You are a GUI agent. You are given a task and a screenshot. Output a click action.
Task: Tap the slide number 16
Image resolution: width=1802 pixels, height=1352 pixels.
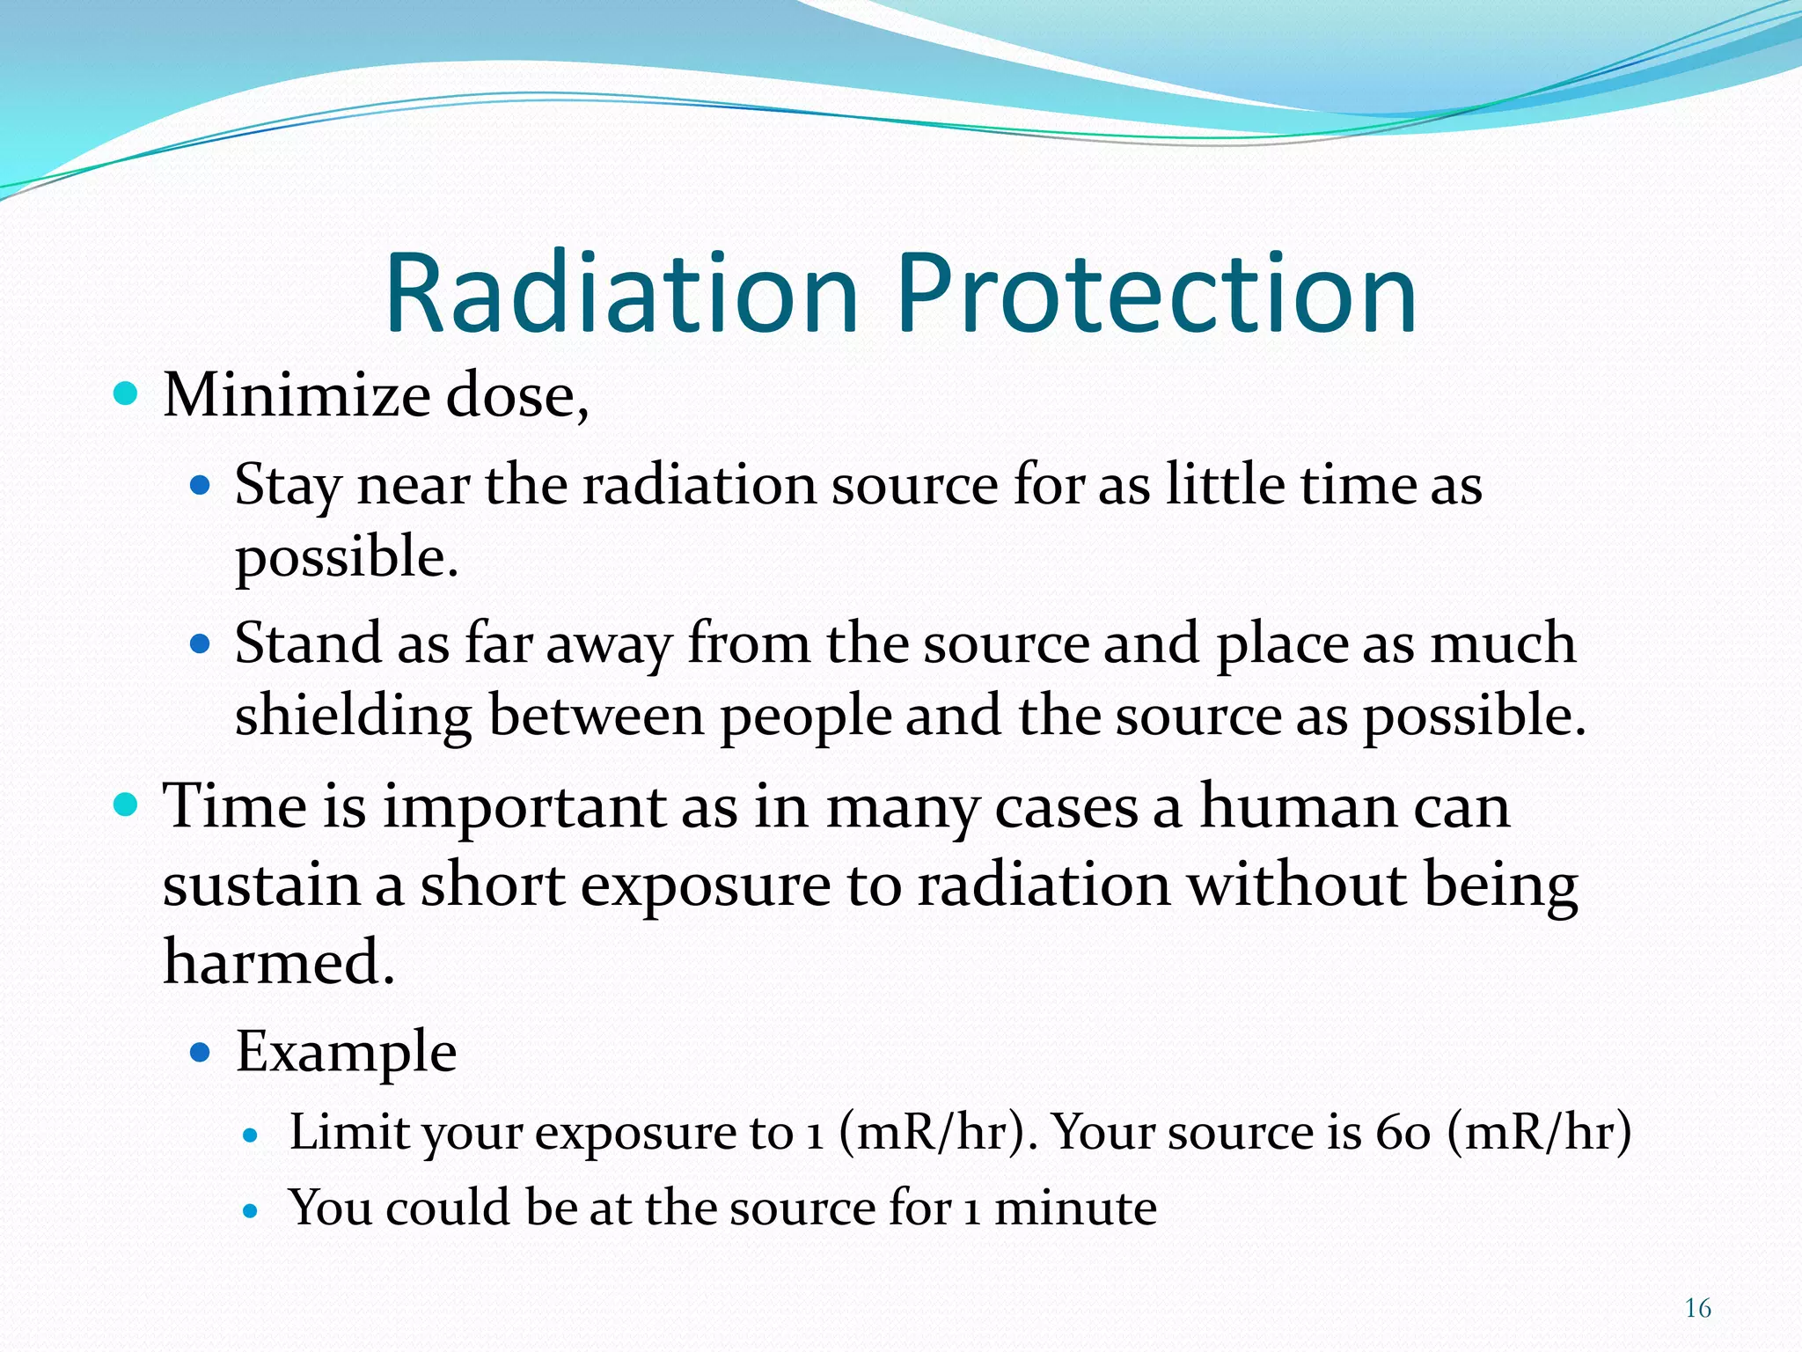tap(1697, 1308)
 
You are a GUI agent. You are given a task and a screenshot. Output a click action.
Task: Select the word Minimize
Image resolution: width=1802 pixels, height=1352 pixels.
tap(297, 395)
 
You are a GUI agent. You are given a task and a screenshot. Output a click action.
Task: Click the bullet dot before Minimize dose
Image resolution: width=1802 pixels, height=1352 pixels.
tap(127, 393)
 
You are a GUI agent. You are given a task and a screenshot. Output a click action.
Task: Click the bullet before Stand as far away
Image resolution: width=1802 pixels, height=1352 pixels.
tap(201, 644)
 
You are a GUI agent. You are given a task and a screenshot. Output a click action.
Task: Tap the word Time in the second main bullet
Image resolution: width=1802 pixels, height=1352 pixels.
tap(234, 806)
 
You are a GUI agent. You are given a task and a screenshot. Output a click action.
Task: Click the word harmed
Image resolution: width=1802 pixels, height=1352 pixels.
tap(278, 962)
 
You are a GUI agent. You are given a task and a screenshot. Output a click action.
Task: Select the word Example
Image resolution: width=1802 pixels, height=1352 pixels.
tap(346, 1052)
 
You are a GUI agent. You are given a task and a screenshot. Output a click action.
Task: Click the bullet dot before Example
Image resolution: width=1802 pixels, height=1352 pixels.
tap(201, 1051)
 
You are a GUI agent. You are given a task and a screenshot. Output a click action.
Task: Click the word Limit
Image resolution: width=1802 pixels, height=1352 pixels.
tap(348, 1132)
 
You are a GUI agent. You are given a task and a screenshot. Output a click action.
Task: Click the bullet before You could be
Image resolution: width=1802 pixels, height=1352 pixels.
tap(251, 1211)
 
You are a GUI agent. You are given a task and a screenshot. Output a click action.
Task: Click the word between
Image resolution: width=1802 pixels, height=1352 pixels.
tap(597, 715)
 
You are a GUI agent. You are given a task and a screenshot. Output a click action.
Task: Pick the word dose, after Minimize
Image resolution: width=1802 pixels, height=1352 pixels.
tap(517, 395)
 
